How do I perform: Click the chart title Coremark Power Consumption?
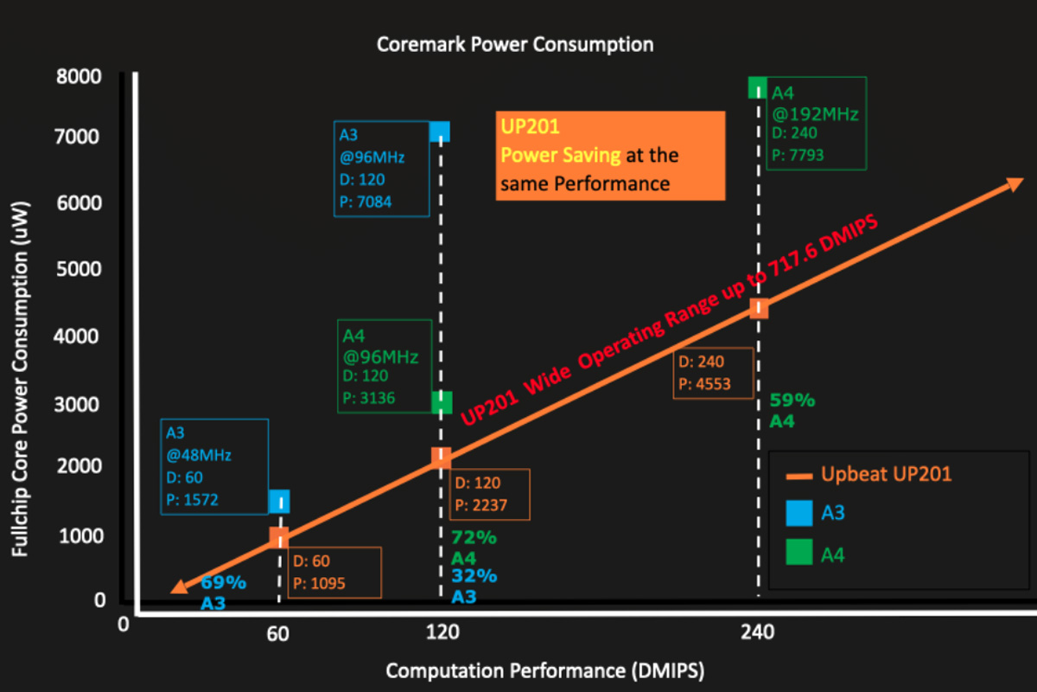pos(515,43)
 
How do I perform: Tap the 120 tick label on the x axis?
pos(442,632)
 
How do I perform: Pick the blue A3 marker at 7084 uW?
pos(440,131)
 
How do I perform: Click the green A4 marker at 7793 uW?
pos(757,87)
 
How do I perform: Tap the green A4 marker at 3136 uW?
pos(442,401)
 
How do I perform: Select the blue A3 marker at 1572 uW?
pos(278,501)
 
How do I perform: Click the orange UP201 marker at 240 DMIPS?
pos(759,309)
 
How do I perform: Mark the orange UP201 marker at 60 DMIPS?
pos(278,538)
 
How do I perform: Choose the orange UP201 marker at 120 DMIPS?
pos(441,457)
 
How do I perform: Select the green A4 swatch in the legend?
pos(800,554)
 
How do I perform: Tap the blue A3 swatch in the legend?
pos(800,514)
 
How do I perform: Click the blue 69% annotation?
pos(223,583)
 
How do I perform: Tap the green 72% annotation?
pos(474,537)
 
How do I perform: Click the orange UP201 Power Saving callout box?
pos(610,156)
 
